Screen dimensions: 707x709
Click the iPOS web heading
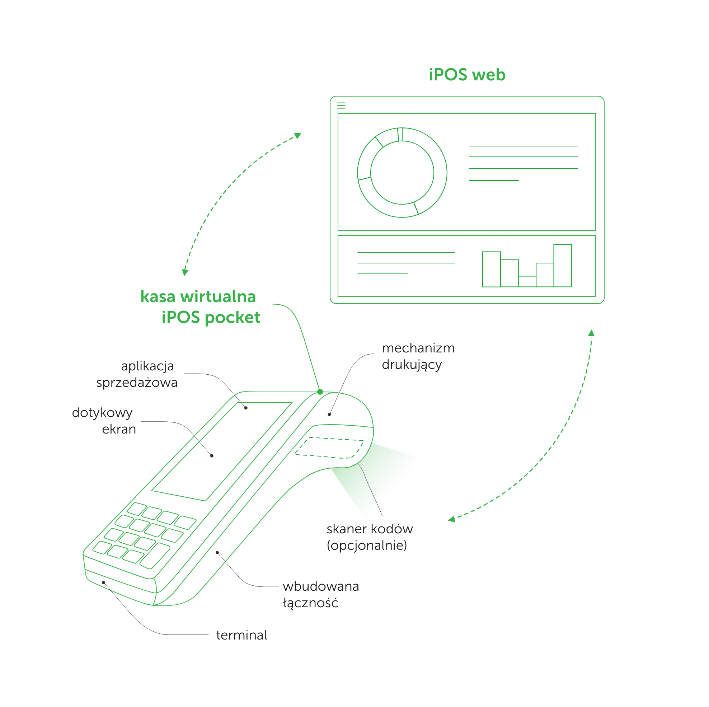click(x=467, y=75)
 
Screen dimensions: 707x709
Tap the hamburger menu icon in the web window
click(x=341, y=106)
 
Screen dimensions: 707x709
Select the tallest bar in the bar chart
click(x=562, y=266)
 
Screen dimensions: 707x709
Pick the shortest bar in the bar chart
click(x=527, y=281)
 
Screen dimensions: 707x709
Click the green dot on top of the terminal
click(x=320, y=392)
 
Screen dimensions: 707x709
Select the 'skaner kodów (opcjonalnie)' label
click(x=369, y=537)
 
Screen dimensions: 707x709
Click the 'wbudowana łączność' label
click(x=320, y=594)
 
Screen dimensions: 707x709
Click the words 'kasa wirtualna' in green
click(x=198, y=296)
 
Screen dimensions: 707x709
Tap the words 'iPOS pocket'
click(x=211, y=317)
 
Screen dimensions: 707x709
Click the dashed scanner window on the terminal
click(x=329, y=448)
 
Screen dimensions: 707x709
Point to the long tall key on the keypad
click(x=155, y=556)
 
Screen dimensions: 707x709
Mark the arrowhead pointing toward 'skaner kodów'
click(x=452, y=519)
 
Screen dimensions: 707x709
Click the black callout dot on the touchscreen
click(x=212, y=456)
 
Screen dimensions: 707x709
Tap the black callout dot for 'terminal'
click(x=103, y=582)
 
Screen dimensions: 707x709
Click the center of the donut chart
click(x=402, y=173)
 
